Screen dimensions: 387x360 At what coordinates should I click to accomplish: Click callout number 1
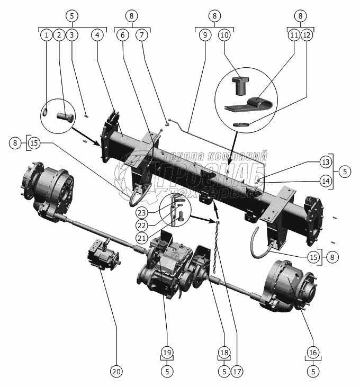[47, 35]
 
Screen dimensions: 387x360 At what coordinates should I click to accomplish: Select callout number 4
[97, 35]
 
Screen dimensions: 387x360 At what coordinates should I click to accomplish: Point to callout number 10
[224, 35]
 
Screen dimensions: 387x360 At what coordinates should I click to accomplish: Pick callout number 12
[307, 35]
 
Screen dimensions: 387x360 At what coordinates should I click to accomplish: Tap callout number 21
[140, 238]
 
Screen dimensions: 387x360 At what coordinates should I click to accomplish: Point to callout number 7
[141, 35]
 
